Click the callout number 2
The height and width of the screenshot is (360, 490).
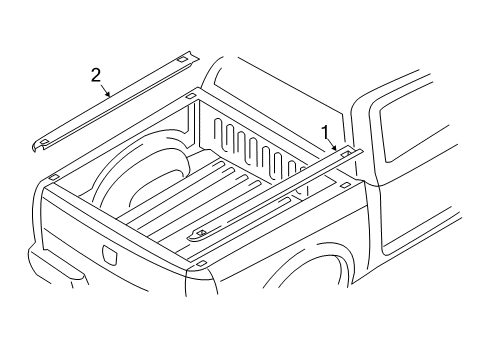pyautogui.click(x=96, y=73)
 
